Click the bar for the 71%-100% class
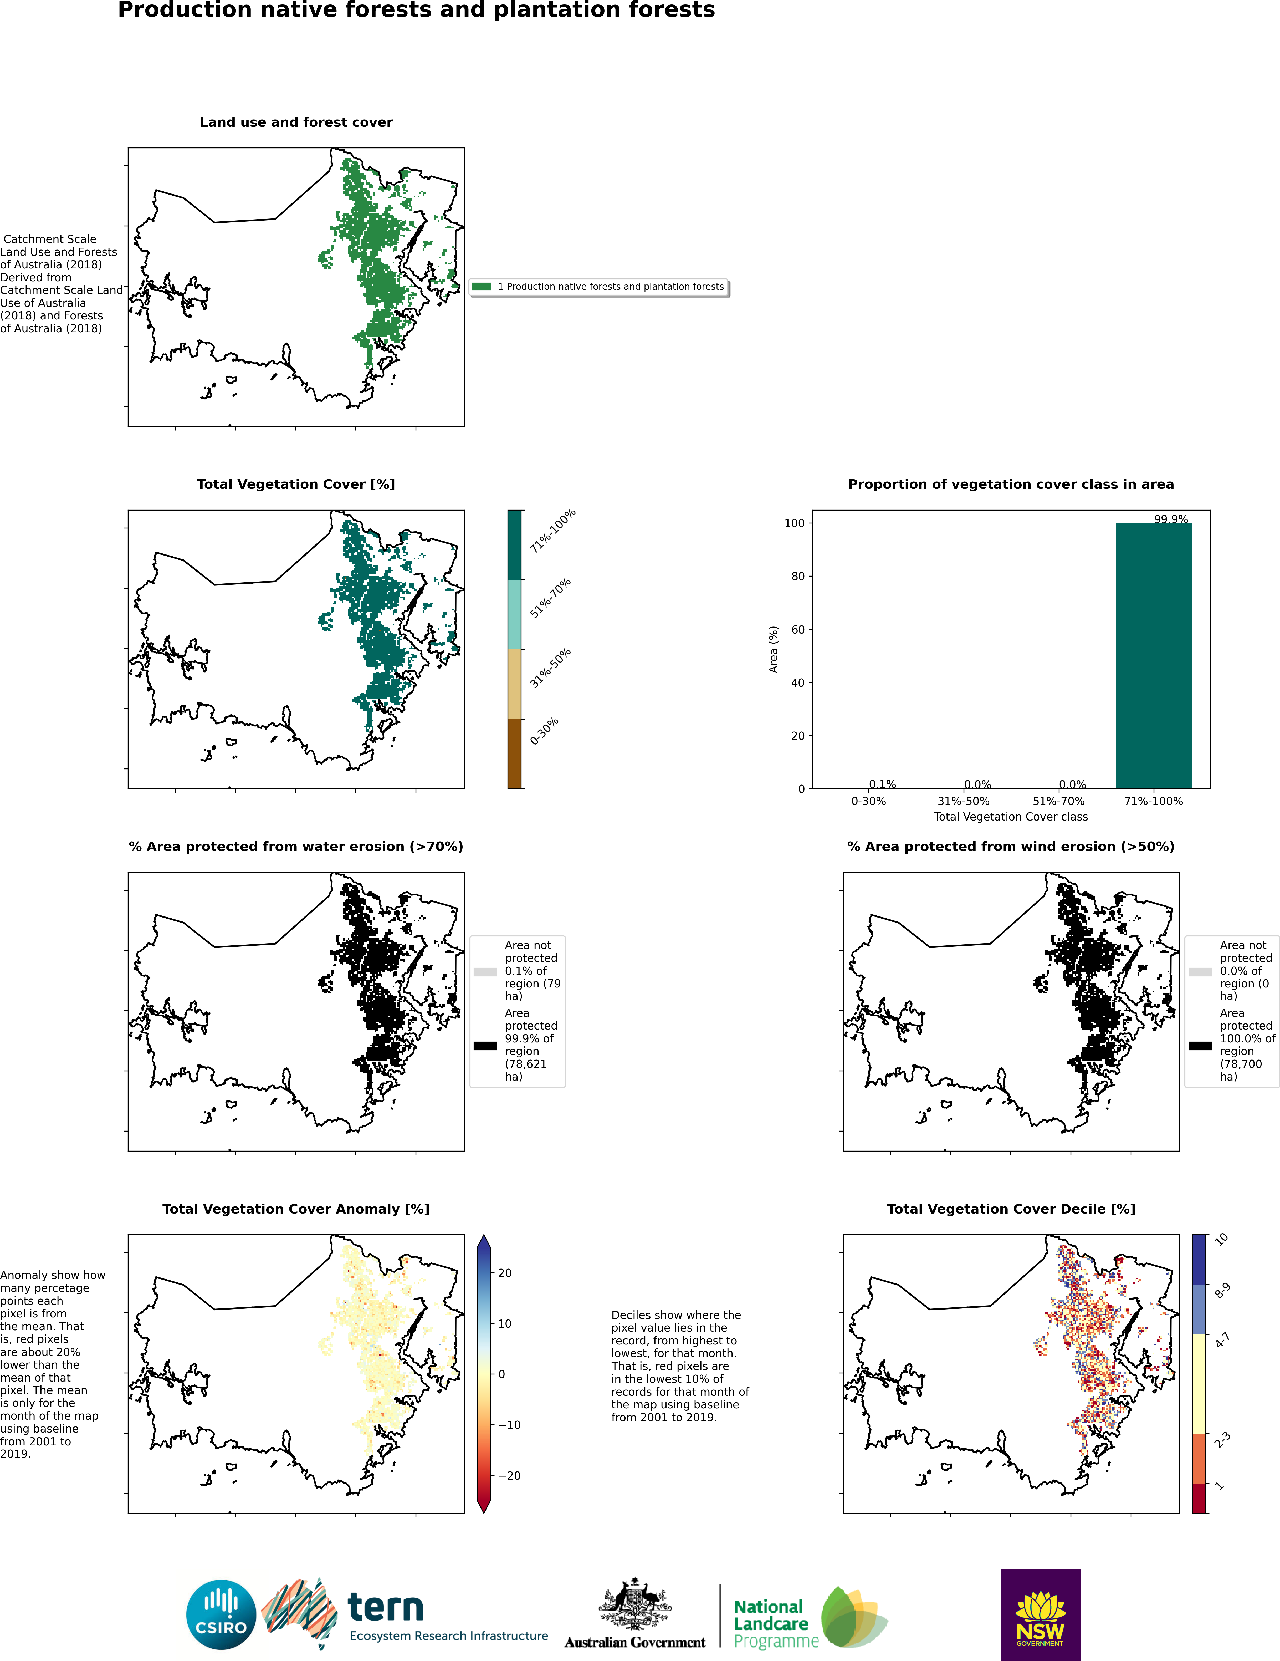(1153, 656)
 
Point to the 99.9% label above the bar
(1170, 519)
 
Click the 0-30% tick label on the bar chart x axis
(869, 801)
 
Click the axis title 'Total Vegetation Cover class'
(1011, 817)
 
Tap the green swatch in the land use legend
(482, 287)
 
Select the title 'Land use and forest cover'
(296, 123)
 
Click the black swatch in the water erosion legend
(485, 1046)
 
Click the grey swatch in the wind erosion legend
(1200, 972)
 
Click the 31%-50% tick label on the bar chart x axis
(964, 801)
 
